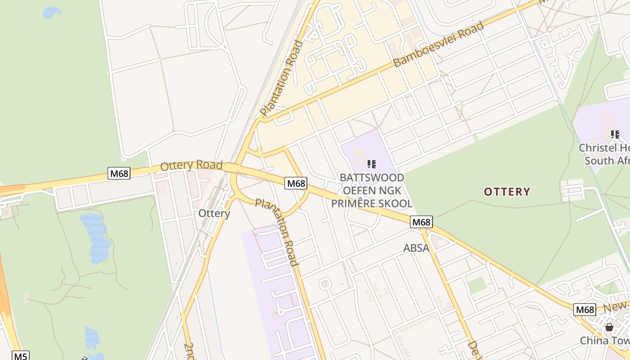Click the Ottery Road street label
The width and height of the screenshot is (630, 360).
point(192,165)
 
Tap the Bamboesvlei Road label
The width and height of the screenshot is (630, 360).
point(439,44)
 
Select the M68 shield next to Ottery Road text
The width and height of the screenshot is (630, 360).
point(119,173)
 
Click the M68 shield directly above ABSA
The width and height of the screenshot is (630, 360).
point(422,222)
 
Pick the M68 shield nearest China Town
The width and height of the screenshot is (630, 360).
point(585,310)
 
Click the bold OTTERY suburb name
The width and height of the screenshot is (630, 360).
point(507,192)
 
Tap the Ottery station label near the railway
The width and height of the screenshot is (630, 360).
point(214,213)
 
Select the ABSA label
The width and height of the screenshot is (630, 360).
point(416,247)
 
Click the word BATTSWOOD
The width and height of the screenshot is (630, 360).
point(372,178)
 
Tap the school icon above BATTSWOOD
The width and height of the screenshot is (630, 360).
point(371,164)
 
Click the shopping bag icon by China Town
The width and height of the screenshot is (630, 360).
point(609,327)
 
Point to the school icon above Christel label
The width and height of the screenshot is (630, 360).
point(615,134)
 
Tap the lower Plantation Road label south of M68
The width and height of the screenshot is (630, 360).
point(277,231)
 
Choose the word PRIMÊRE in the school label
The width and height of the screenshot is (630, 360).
point(351,203)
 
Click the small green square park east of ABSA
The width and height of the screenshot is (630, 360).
point(477,284)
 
